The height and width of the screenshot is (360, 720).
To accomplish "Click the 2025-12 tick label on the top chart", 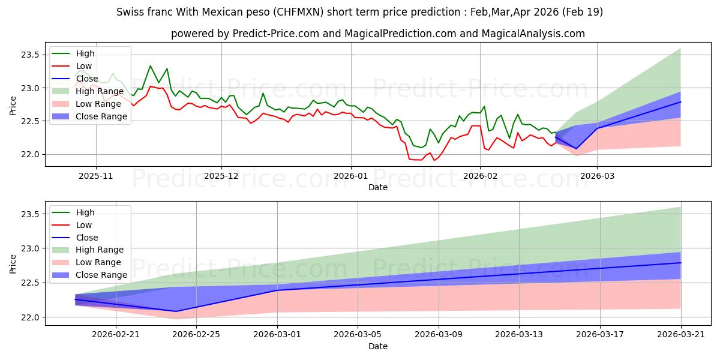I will click(221, 176).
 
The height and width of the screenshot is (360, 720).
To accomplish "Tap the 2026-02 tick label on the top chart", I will click(480, 176).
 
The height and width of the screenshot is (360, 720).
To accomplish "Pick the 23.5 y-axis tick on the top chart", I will click(29, 55).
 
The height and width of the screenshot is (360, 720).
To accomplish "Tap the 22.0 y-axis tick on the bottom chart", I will click(29, 317).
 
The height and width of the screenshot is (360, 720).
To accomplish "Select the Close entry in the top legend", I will click(88, 79).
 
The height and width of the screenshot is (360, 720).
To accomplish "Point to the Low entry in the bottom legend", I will click(84, 225).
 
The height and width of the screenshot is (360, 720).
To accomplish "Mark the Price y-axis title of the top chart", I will click(13, 105).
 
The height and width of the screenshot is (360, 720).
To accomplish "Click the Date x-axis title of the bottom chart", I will click(378, 346).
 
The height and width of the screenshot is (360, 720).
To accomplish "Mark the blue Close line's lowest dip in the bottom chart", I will click(176, 311).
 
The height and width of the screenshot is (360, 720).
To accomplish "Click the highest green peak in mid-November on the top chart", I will click(150, 66).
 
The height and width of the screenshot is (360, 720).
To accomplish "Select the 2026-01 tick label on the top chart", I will click(350, 176).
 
